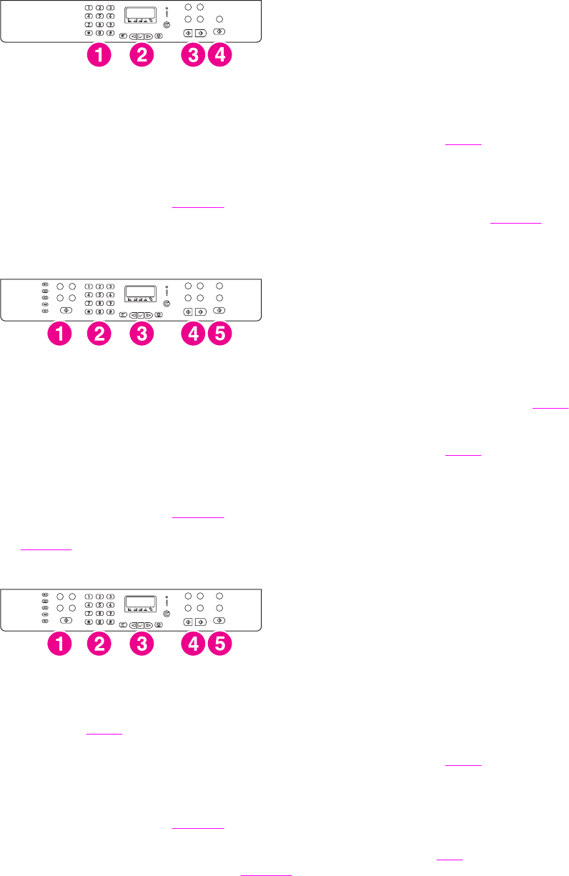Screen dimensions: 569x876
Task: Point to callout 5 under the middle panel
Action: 219,334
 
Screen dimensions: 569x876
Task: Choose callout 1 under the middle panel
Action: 59,334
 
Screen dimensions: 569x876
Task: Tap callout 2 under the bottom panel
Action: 99,644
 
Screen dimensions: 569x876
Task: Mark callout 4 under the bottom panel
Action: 192,644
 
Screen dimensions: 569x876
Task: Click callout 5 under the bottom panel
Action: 219,644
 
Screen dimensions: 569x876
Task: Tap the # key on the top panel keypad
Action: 111,33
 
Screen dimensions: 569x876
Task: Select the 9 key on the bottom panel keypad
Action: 111,613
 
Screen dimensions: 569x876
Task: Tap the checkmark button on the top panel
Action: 141,36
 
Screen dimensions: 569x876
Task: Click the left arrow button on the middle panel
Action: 133,314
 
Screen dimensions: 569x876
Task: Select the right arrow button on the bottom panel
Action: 149,624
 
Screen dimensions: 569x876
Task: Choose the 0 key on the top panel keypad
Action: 99,33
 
